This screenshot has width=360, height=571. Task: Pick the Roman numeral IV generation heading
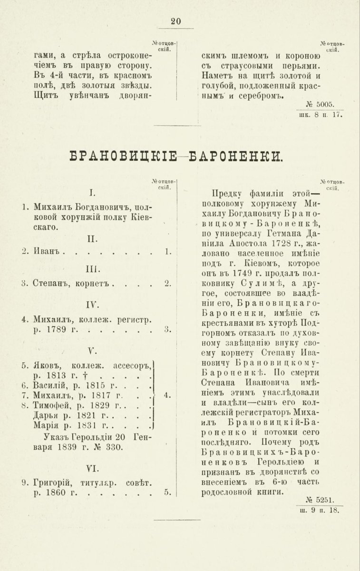pos(92,304)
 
